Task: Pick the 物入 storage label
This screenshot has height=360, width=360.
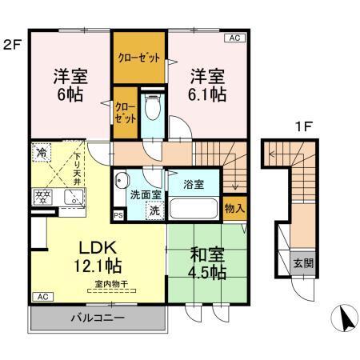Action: (234, 208)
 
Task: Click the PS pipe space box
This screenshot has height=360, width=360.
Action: (118, 215)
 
